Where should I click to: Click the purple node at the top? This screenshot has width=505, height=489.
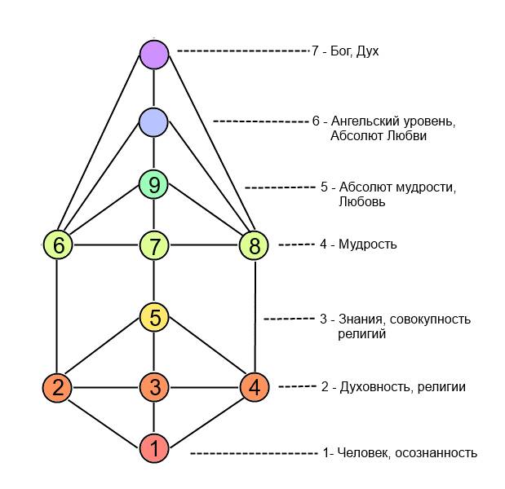pyautogui.click(x=153, y=55)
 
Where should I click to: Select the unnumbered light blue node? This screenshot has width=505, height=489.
pyautogui.click(x=153, y=122)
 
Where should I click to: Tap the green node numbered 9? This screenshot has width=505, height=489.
pyautogui.click(x=153, y=185)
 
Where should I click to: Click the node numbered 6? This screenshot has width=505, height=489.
pyautogui.click(x=57, y=244)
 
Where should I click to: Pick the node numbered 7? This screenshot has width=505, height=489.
pyautogui.click(x=153, y=244)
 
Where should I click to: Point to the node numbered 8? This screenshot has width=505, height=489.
pyautogui.click(x=254, y=244)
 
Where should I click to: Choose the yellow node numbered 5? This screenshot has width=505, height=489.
pyautogui.click(x=153, y=317)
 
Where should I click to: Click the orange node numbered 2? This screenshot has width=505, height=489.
pyautogui.click(x=57, y=387)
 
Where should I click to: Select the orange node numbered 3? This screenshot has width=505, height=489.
pyautogui.click(x=153, y=387)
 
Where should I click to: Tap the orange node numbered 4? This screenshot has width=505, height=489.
pyautogui.click(x=254, y=387)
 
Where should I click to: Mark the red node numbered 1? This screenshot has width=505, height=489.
pyautogui.click(x=153, y=447)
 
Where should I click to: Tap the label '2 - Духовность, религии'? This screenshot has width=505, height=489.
pyautogui.click(x=393, y=387)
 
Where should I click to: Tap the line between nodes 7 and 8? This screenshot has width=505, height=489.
pyautogui.click(x=204, y=244)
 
